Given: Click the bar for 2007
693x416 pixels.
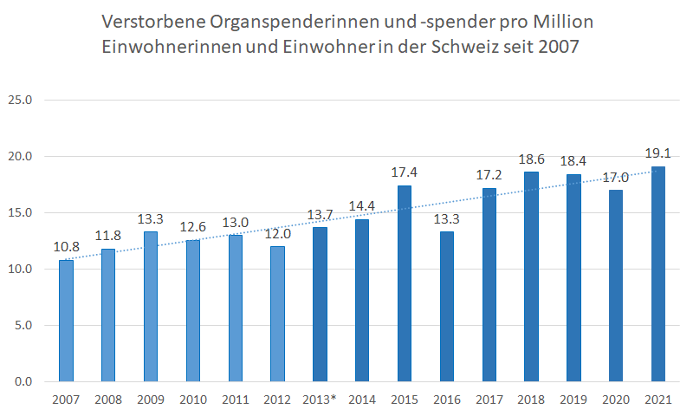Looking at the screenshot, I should pos(66,321).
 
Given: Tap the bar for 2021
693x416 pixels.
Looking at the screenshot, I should pos(658,274).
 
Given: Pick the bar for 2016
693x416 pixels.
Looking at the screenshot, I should pos(447,307).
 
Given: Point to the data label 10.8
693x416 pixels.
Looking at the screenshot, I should pos(66,247).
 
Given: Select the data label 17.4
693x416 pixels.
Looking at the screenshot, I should pos(405,172).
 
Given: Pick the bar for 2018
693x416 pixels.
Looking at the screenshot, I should pos(532,276).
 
